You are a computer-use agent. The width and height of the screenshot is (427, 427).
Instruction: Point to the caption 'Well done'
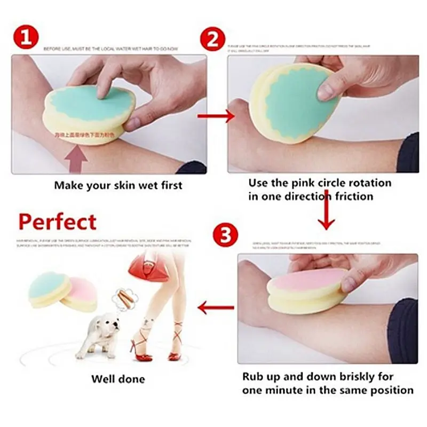[118, 379]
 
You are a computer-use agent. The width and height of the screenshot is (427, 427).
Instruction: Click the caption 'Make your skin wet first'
[118, 186]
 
